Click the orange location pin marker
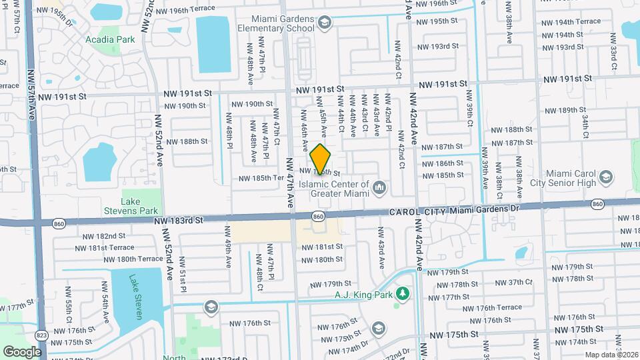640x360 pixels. coord(321,159)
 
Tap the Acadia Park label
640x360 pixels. coord(110,39)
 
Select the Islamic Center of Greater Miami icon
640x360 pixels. coord(379,188)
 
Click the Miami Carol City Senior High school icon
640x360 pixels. coord(605,177)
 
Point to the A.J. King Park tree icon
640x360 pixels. coord(401,293)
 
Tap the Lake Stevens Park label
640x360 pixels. coord(141,206)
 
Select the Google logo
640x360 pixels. coord(21,351)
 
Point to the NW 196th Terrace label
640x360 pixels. coord(183,9)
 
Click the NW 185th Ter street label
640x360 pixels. coord(262,178)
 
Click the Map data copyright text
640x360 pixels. coord(611,355)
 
